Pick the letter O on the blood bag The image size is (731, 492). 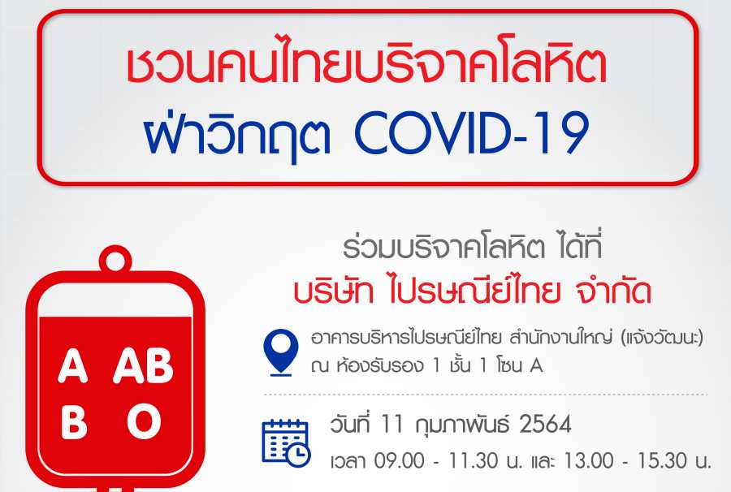point(144,421)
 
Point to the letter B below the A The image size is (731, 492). point(74,421)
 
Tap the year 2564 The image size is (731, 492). point(544,425)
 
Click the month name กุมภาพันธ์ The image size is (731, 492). point(460,424)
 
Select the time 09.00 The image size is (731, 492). point(400,461)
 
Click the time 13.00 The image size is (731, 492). point(589,461)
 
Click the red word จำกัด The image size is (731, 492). point(612,291)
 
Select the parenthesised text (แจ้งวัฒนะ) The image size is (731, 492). point(663,337)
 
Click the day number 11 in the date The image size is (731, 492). point(391,425)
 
